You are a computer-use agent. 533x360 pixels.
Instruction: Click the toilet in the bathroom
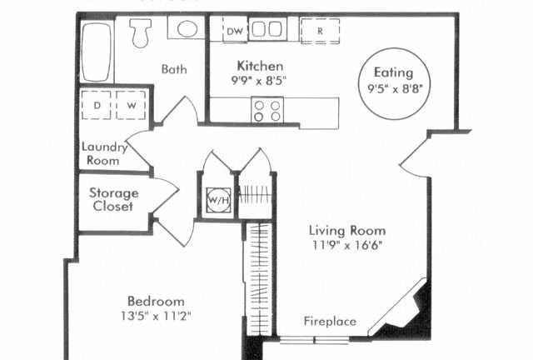[141, 32]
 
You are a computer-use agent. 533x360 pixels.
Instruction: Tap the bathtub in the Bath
[97, 52]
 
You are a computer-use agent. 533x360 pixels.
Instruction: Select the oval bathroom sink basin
[187, 29]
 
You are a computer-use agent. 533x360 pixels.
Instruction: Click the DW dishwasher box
[235, 30]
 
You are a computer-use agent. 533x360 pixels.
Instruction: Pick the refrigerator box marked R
[320, 31]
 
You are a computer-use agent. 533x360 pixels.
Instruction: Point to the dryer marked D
[97, 105]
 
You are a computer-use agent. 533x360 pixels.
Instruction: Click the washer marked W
[131, 105]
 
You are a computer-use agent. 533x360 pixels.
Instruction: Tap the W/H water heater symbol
[218, 200]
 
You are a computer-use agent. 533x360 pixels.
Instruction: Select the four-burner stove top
[267, 111]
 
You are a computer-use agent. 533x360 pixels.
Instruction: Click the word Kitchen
[260, 66]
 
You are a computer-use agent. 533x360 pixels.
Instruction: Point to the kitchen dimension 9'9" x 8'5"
[259, 81]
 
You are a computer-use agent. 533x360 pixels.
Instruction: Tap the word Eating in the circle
[394, 72]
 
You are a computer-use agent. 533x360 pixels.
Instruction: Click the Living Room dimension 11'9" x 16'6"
[347, 245]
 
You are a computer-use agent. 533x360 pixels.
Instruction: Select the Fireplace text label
[330, 321]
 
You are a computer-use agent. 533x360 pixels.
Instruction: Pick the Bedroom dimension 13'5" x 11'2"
[156, 316]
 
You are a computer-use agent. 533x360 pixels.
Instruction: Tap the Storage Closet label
[113, 199]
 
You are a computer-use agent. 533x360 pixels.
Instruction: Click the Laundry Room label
[104, 153]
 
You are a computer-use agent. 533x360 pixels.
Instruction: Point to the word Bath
[174, 69]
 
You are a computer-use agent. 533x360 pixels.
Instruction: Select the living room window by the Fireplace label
[315, 340]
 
